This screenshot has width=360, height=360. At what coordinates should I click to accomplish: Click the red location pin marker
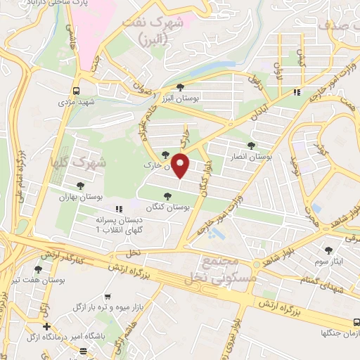point(181,166)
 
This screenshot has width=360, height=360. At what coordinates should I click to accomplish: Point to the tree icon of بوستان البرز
point(181,86)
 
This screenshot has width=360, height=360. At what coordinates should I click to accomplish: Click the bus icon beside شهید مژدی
point(76,91)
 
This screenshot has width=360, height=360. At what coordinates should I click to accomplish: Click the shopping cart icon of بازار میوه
point(107,297)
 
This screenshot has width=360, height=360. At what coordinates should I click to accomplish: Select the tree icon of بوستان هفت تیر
point(38,269)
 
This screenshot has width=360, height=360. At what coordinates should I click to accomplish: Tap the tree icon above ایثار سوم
point(328,250)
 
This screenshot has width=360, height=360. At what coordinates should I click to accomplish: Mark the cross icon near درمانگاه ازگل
point(46,326)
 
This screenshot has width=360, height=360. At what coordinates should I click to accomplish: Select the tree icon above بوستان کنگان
point(167,196)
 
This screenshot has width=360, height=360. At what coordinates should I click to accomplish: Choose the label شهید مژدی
point(76,102)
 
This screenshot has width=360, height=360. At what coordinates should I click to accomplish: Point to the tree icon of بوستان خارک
point(165,155)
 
